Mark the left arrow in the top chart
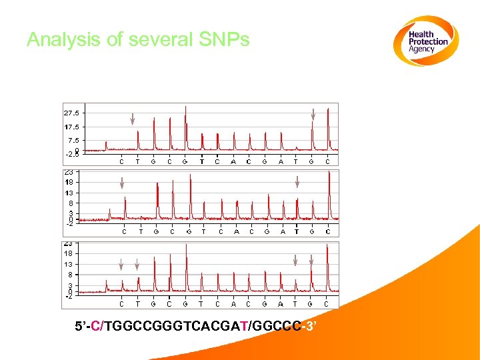(x=133, y=119)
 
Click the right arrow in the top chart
(x=313, y=116)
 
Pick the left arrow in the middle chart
(x=122, y=182)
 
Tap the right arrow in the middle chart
(x=297, y=181)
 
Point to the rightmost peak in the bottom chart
(x=327, y=267)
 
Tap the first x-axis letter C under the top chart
(x=121, y=161)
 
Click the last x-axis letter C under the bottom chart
(x=327, y=304)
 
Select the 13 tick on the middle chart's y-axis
(x=69, y=193)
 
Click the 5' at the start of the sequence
(x=82, y=327)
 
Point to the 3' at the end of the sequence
(x=309, y=327)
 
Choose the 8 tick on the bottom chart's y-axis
(x=70, y=274)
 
